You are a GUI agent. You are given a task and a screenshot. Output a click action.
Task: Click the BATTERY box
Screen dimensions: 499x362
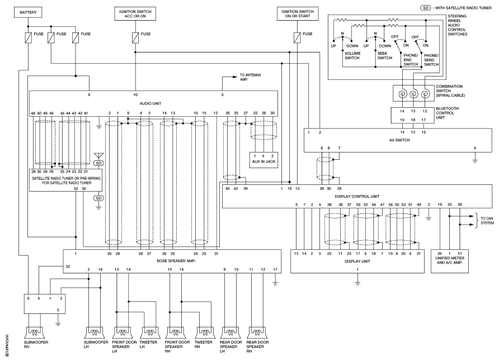pos(28,12)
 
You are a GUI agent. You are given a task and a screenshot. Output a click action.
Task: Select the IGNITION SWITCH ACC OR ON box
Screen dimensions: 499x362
pos(135,13)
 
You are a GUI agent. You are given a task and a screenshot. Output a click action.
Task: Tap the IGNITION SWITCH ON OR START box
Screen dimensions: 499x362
pos(298,13)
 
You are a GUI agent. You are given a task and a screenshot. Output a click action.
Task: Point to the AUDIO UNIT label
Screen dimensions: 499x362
pos(150,103)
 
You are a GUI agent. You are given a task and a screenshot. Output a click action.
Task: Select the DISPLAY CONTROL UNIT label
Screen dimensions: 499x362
pos(357,197)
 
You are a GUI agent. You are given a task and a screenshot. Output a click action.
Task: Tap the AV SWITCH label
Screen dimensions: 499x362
pos(399,140)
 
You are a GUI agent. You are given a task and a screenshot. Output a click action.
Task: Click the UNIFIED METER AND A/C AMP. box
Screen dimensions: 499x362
pos(450,261)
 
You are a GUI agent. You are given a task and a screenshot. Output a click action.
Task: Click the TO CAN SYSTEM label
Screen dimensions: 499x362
pos(487,221)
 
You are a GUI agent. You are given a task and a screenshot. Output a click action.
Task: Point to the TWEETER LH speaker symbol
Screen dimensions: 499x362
pos(149,332)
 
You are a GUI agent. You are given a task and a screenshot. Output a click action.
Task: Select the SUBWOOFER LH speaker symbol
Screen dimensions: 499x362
pos(95,332)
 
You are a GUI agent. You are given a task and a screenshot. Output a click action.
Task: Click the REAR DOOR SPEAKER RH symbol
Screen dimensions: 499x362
pos(257,332)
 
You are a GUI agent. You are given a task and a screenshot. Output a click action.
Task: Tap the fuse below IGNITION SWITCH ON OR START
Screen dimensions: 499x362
pos(297,37)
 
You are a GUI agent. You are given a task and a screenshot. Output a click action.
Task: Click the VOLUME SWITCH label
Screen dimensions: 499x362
pos(352,56)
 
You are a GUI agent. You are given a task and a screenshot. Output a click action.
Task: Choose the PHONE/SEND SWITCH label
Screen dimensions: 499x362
pos(431,60)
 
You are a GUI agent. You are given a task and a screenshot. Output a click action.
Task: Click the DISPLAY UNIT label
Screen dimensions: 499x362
pos(357,261)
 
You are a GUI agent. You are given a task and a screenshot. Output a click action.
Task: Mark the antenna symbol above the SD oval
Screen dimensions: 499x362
pos(98,156)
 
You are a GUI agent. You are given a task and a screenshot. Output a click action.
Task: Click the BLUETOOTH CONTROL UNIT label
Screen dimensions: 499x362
pos(448,113)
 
